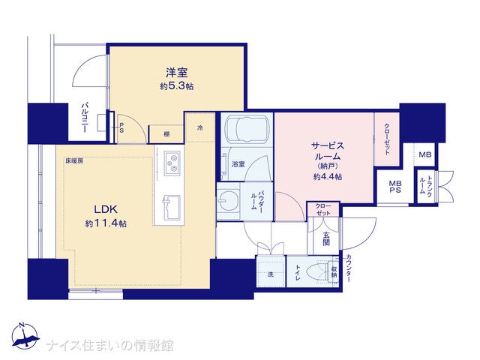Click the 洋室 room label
point(177,73)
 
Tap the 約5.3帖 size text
point(177,86)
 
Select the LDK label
point(106,210)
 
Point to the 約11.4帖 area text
point(106,223)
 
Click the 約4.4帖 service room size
point(328,177)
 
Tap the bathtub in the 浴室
point(247,128)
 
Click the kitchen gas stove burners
point(172,163)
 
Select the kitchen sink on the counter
point(172,207)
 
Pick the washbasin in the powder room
point(227,201)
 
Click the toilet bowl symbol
point(317,271)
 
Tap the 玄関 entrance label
point(326,239)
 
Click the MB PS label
point(395,187)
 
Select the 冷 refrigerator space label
point(199,127)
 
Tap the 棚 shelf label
point(166,133)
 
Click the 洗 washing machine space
point(271,274)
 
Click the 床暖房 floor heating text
point(74,160)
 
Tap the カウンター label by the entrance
point(349,268)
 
